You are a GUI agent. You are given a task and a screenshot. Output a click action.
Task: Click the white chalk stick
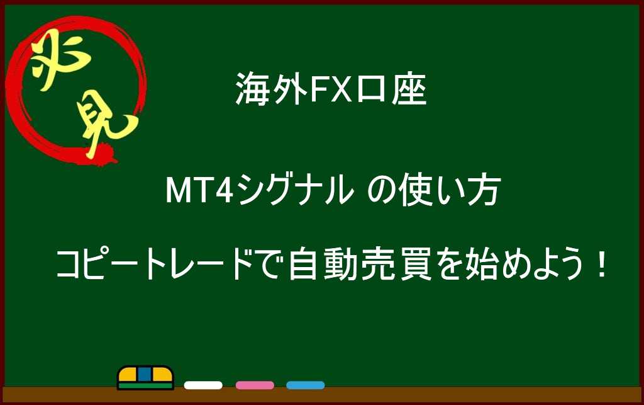click(203, 385)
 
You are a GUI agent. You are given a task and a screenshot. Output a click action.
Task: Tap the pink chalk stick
click(255, 385)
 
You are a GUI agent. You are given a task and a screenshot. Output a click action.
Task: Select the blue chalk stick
click(306, 385)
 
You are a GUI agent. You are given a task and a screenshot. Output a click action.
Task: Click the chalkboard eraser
click(145, 377)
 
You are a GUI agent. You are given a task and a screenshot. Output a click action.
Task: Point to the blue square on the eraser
click(145, 374)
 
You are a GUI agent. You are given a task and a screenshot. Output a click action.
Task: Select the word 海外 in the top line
click(272, 89)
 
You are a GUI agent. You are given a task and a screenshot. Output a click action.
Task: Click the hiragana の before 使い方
click(382, 192)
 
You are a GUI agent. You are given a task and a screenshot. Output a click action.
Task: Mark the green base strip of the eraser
click(145, 385)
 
